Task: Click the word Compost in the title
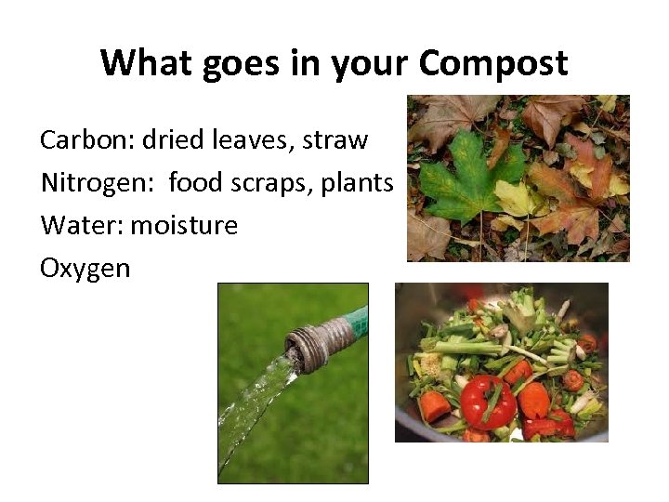pyautogui.click(x=492, y=62)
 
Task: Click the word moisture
pyautogui.click(x=184, y=225)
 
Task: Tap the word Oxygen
pyautogui.click(x=85, y=268)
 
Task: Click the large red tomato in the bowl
pyautogui.click(x=488, y=401)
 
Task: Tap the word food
pyautogui.click(x=195, y=183)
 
